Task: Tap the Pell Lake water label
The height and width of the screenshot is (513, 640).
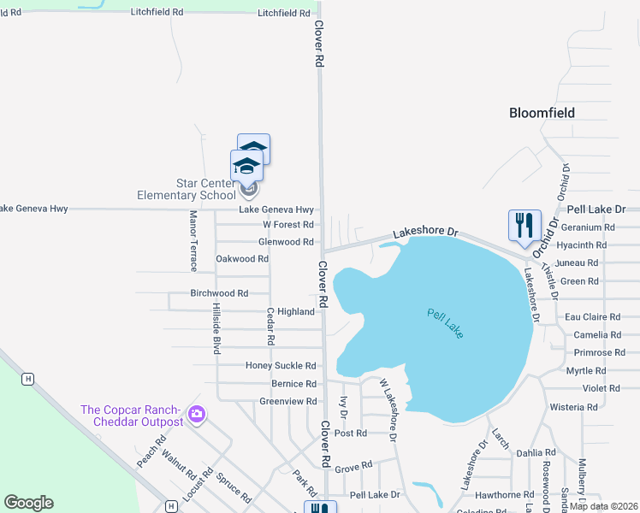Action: click(x=445, y=322)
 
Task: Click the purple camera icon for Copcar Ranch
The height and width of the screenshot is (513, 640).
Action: click(x=198, y=415)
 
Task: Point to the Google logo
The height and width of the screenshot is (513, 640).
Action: click(x=28, y=503)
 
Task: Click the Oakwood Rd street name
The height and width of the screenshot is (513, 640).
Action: click(x=242, y=258)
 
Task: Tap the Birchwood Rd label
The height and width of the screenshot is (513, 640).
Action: click(x=219, y=293)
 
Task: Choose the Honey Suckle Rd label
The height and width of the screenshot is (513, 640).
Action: click(x=281, y=366)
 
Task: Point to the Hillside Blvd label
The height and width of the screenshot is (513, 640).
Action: click(x=216, y=327)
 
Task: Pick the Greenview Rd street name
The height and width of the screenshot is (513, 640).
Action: click(x=288, y=401)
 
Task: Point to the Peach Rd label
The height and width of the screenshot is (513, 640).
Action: click(x=151, y=452)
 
